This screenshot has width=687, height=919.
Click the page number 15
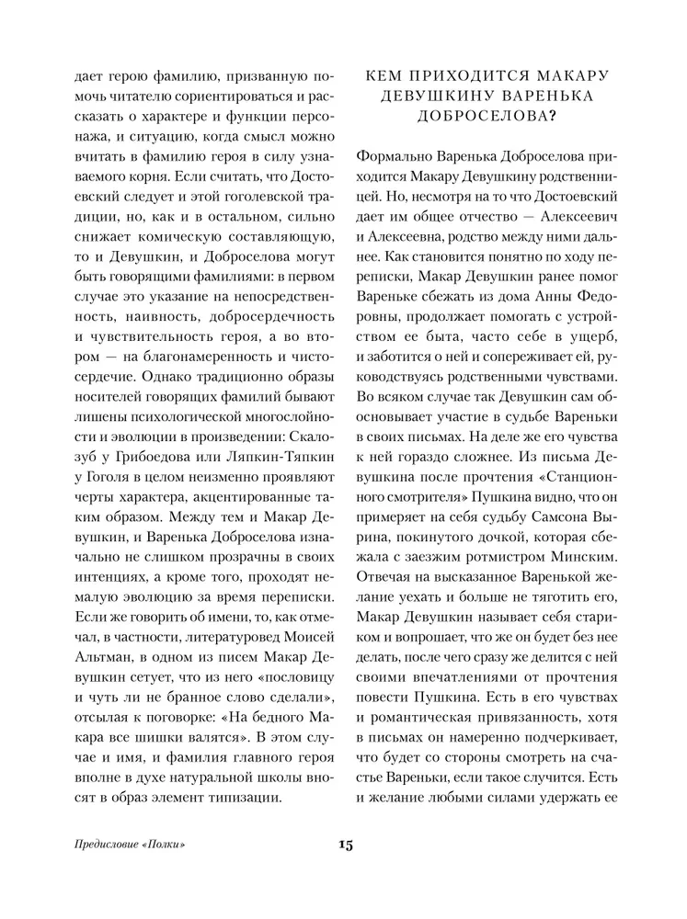[x=344, y=845]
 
